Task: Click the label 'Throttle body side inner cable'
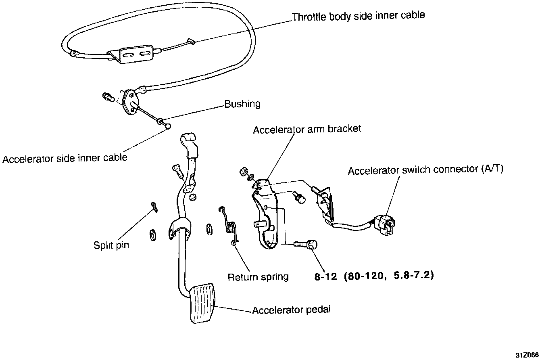pos(358,16)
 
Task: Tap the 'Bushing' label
pos(242,104)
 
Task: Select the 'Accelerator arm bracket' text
pos(307,129)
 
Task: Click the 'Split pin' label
pos(111,245)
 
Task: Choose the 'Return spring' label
pos(258,277)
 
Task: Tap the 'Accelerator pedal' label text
pos(291,310)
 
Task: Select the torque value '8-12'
pos(326,276)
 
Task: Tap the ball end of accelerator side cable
pos(168,126)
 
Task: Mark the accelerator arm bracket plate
pos(263,218)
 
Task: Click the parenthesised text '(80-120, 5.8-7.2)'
pos(388,276)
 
